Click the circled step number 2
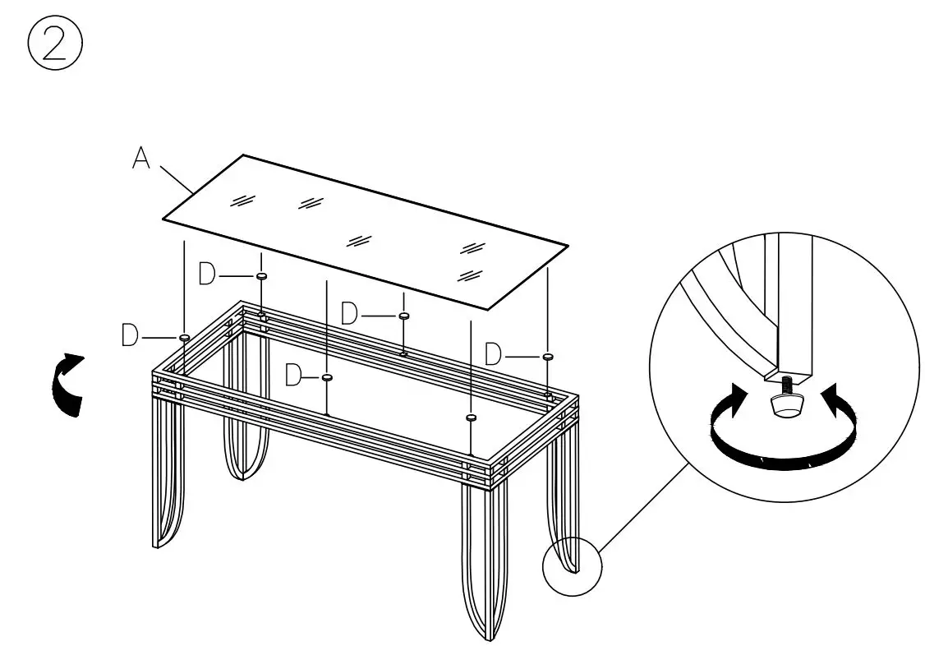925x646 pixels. coord(55,45)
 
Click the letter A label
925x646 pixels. coord(141,159)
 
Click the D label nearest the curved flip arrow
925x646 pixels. coord(130,336)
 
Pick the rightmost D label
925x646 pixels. coord(493,355)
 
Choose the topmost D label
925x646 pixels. coord(208,275)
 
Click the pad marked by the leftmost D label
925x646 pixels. coord(185,337)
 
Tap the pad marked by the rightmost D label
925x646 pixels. coord(546,356)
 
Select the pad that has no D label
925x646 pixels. coord(471,418)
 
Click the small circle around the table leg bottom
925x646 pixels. coord(573,565)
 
